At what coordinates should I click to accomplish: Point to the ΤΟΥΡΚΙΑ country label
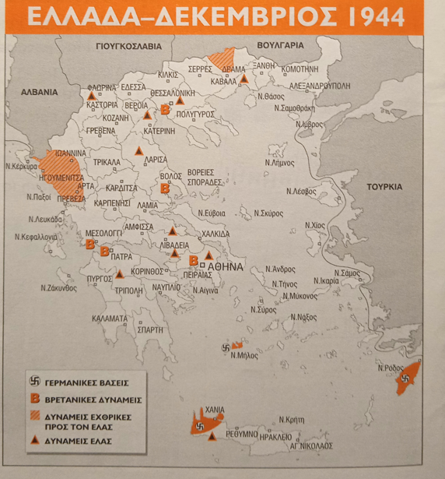click(386, 187)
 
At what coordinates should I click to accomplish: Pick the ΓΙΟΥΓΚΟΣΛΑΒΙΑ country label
click(134, 45)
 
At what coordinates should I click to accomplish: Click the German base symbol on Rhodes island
click(403, 379)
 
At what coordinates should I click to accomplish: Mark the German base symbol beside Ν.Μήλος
click(226, 347)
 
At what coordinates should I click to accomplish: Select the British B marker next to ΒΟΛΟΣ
click(165, 188)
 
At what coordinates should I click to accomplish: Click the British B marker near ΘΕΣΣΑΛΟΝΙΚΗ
click(164, 111)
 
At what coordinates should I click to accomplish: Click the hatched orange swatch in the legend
click(35, 419)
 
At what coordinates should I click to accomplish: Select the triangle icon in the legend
click(35, 441)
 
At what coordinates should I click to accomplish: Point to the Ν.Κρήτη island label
click(293, 420)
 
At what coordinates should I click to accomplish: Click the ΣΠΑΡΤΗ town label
click(149, 329)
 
